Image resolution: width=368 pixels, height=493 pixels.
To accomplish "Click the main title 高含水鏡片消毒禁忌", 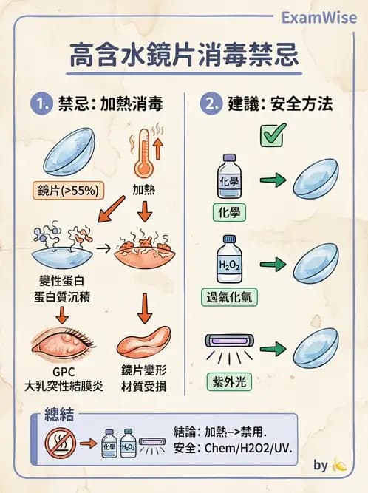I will click(x=183, y=55).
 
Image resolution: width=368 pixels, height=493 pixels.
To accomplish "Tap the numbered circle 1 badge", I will click(x=40, y=103).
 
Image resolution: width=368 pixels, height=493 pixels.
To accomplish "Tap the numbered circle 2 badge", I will click(x=213, y=103).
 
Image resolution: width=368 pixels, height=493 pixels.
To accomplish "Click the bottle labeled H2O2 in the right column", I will click(x=225, y=260).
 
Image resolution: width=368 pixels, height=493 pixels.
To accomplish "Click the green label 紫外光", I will click(x=225, y=382).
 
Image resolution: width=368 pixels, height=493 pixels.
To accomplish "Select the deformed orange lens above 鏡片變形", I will click(x=145, y=345).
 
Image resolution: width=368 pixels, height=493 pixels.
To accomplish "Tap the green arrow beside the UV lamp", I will click(x=273, y=348).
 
